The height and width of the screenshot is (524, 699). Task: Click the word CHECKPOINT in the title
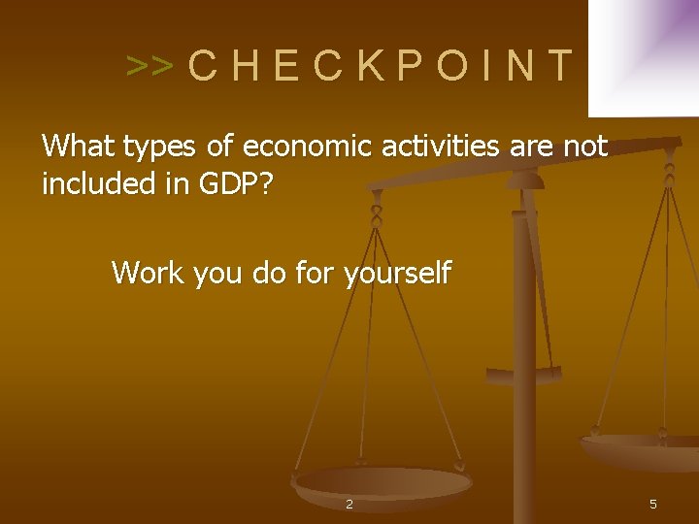381,65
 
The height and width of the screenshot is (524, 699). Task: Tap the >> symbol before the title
150,66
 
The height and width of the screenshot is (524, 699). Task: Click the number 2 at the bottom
349,504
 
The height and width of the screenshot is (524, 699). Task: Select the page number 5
653,504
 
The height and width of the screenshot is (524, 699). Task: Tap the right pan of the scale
646,451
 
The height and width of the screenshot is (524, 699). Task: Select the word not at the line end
585,147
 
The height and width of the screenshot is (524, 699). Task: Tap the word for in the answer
312,273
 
